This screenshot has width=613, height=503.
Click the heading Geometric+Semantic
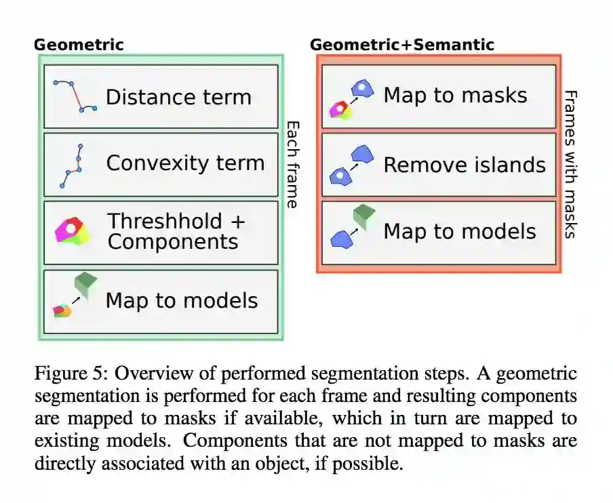(x=401, y=45)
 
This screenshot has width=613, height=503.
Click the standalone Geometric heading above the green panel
(x=79, y=45)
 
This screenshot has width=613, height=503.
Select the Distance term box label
(x=178, y=97)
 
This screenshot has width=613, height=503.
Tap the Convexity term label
(x=185, y=163)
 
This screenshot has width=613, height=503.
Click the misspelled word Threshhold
(x=165, y=221)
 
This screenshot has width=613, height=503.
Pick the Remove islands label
(x=464, y=165)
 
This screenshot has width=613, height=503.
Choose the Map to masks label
(x=455, y=95)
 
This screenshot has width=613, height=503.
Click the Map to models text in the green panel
(x=182, y=300)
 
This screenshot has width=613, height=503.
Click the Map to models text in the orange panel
(x=460, y=231)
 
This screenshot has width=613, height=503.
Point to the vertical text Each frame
(x=292, y=164)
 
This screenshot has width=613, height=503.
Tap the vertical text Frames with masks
(x=570, y=164)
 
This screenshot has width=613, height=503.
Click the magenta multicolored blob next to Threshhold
(x=72, y=230)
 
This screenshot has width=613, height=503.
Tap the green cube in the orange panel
(x=364, y=216)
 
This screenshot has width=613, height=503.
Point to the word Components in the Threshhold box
(x=173, y=242)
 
